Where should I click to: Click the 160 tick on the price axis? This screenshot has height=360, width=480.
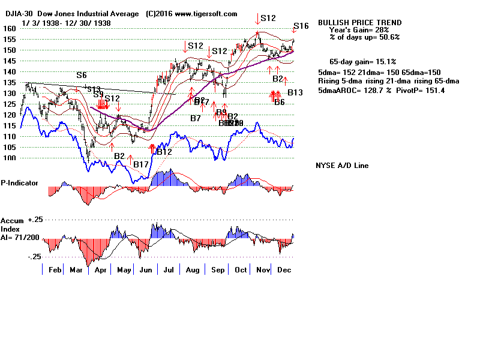[8, 28]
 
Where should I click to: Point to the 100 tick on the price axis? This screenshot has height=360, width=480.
[8, 158]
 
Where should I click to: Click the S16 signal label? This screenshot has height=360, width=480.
[301, 26]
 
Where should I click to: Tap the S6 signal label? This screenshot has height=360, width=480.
[82, 75]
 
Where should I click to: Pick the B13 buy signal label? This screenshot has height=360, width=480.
[295, 93]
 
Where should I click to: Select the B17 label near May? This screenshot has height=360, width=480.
[141, 164]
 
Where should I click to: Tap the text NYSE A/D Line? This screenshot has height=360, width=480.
[342, 166]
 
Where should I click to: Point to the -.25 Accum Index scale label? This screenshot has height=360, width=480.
[33, 256]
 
